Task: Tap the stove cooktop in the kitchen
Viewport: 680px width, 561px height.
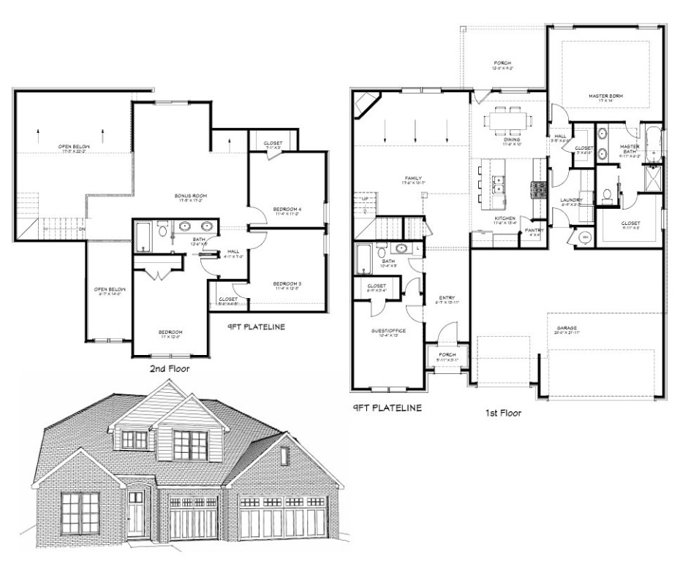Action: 539,190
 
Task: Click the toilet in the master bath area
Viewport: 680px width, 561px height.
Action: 606,196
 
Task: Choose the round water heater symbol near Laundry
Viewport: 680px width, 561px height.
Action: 584,238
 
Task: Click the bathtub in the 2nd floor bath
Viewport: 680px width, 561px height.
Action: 143,237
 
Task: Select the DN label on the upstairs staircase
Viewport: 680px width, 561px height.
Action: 83,228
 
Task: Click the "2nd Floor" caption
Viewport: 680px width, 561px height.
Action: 169,370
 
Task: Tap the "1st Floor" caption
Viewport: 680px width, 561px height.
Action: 503,413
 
